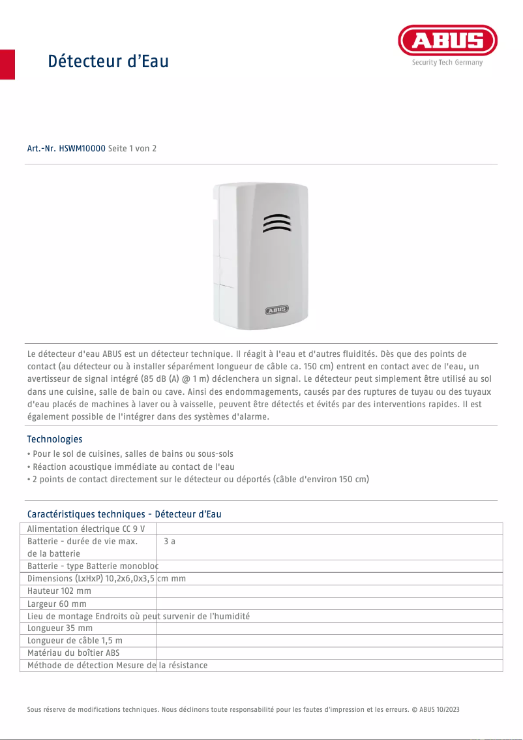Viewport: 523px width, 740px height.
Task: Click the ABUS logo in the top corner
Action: (447, 41)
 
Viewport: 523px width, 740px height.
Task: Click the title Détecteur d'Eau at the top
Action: (108, 61)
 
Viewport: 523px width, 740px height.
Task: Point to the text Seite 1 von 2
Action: (132, 149)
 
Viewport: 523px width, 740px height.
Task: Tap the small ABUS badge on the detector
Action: (276, 310)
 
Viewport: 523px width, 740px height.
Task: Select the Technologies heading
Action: (55, 439)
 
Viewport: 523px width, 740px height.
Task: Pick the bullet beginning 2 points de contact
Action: (200, 479)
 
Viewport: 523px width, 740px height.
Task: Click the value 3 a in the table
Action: (170, 542)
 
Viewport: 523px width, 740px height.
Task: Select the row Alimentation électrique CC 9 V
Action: (86, 529)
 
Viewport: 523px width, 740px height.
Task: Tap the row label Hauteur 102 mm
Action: (59, 591)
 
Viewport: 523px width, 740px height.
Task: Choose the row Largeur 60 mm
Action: (57, 604)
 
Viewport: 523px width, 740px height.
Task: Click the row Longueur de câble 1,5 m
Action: (75, 641)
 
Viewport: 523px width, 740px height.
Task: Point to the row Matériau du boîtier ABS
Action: (74, 653)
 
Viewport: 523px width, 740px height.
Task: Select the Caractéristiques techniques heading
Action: (124, 514)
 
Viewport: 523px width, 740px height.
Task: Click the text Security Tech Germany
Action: (447, 63)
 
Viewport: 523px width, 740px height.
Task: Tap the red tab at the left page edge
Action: (7, 64)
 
